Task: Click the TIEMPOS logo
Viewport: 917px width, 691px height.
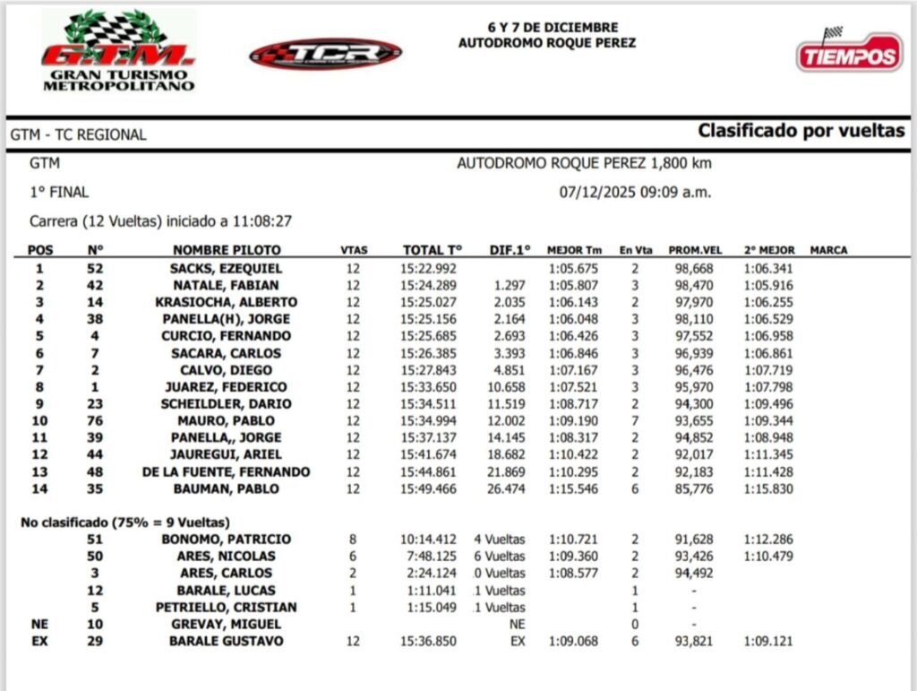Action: point(849,54)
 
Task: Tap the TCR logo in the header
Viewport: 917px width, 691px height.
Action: point(325,53)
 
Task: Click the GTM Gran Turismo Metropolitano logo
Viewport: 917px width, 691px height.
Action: point(118,51)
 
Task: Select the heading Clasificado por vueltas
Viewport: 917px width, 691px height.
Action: point(801,131)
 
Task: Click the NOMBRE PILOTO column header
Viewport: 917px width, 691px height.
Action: point(227,250)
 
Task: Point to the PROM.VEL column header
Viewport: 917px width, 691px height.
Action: point(691,250)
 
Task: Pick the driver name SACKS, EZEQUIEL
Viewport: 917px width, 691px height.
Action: point(226,268)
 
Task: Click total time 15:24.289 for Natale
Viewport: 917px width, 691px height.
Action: point(429,285)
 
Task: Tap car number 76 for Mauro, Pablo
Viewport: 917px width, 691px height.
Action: point(95,420)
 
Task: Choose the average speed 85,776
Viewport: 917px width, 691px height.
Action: point(692,488)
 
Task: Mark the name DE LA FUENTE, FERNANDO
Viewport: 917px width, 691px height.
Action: point(226,471)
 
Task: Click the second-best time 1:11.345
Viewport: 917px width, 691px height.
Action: point(767,454)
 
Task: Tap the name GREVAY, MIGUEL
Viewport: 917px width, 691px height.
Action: point(226,624)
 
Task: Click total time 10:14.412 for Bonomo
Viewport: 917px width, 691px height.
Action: point(429,539)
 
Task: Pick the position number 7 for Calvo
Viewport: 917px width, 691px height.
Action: point(39,370)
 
